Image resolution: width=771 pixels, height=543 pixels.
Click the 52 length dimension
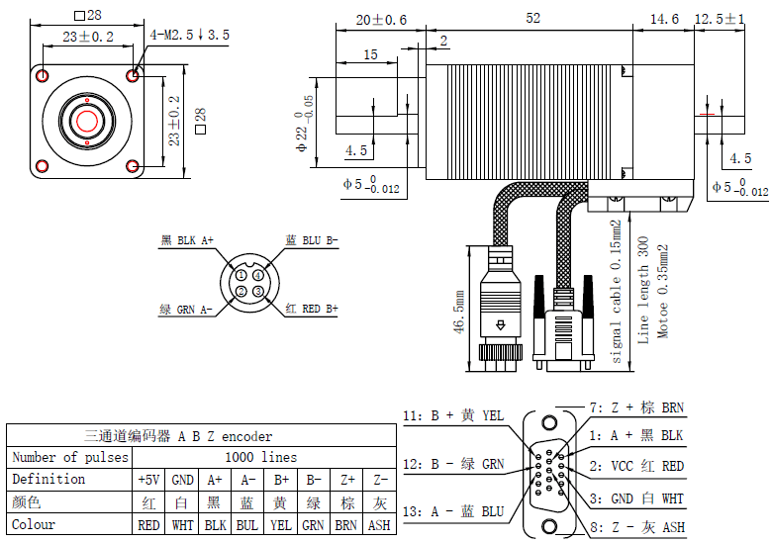(x=532, y=19)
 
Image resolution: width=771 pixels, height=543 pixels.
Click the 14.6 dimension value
(x=663, y=19)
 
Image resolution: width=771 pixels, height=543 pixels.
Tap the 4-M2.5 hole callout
(x=190, y=35)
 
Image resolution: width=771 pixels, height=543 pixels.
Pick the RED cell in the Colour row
(x=148, y=525)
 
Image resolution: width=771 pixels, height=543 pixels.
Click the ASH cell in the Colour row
(x=379, y=525)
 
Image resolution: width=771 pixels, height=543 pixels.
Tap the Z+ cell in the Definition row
(x=345, y=480)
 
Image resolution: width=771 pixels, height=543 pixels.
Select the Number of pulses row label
(x=69, y=457)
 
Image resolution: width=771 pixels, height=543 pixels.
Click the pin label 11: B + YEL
(x=453, y=415)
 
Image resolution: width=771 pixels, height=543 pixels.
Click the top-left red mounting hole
(x=42, y=75)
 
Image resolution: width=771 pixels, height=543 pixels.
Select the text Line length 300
(x=642, y=290)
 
